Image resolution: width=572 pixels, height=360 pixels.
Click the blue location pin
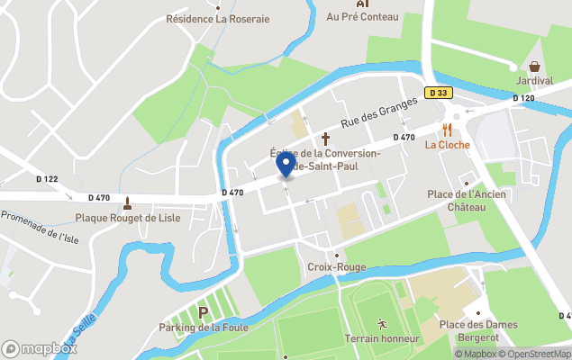pyautogui.click(x=286, y=164)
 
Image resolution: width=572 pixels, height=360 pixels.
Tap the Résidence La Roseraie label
pyautogui.click(x=217, y=18)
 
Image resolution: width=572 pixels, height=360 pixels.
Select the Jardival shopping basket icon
pyautogui.click(x=535, y=66)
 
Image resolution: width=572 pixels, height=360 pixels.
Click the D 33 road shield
pyautogui.click(x=438, y=92)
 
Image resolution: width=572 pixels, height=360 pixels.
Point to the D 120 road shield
pyautogui.click(x=524, y=97)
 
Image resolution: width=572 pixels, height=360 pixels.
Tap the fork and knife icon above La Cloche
pyautogui.click(x=444, y=129)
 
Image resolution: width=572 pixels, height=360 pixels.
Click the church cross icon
pyautogui.click(x=326, y=139)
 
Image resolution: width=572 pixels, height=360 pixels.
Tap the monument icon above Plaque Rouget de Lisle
pyautogui.click(x=128, y=202)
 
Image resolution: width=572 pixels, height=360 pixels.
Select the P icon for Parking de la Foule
pyautogui.click(x=204, y=312)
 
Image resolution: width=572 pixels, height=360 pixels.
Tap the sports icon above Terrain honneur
pyautogui.click(x=382, y=323)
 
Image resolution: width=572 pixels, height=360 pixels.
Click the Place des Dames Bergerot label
pyautogui.click(x=477, y=330)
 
